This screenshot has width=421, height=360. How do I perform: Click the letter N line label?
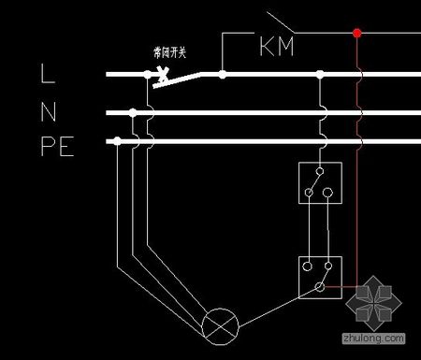[49, 112]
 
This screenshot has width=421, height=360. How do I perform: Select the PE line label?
[58, 148]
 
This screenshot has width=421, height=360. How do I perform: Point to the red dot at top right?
[356, 35]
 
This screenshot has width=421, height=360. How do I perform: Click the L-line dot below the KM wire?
[223, 72]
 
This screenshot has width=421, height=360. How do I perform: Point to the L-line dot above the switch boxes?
[320, 72]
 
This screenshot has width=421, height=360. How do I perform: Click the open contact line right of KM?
[278, 20]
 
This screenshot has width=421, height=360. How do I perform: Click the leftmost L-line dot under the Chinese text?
[147, 72]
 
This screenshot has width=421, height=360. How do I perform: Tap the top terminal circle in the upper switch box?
[320, 171]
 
